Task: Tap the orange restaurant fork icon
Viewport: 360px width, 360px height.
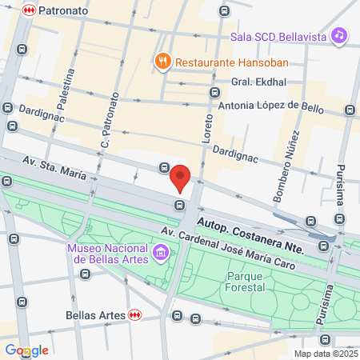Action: click(162, 60)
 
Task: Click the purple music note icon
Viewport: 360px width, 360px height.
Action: click(340, 35)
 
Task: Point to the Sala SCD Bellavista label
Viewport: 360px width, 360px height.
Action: click(280, 36)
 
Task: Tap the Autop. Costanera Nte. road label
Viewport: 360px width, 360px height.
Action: click(250, 234)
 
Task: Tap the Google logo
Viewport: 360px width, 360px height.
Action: click(26, 350)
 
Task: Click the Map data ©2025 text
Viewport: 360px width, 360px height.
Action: click(323, 354)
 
